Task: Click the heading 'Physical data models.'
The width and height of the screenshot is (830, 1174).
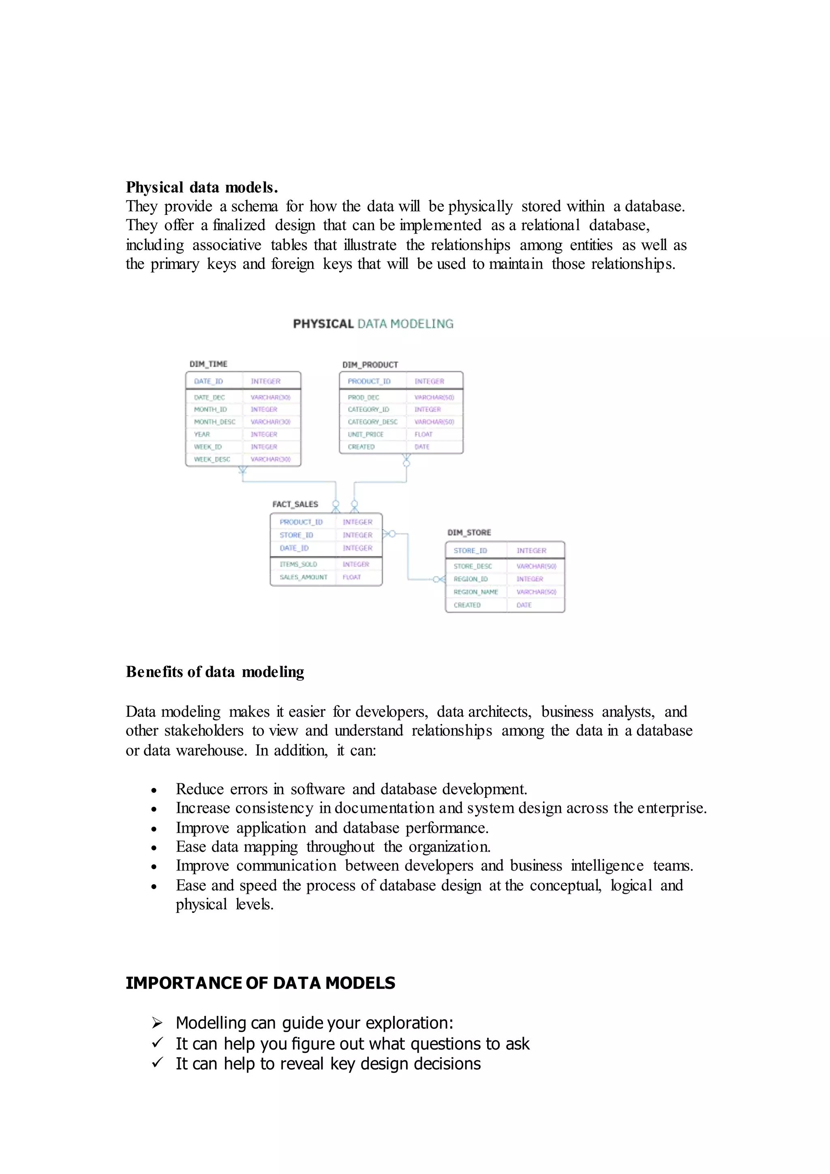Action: [201, 188]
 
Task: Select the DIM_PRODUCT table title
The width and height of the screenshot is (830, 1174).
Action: [370, 364]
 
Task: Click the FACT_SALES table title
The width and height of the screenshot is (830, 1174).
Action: [295, 504]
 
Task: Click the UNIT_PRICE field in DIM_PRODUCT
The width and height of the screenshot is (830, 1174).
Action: [366, 434]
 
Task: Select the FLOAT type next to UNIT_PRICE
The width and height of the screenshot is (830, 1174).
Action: [423, 434]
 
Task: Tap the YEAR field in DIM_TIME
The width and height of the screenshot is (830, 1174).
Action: [202, 434]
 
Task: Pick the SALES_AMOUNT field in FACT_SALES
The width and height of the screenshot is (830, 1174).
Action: [303, 577]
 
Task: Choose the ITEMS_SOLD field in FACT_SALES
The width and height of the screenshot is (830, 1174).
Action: [298, 564]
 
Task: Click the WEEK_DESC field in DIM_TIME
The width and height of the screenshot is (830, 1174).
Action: [212, 459]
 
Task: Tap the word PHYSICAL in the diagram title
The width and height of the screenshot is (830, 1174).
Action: [323, 323]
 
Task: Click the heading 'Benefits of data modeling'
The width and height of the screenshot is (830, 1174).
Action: [215, 672]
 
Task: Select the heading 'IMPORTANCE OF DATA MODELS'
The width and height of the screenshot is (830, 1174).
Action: [260, 983]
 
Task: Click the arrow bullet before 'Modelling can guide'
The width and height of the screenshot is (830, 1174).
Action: [157, 1023]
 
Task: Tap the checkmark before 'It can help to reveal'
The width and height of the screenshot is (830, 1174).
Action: [157, 1063]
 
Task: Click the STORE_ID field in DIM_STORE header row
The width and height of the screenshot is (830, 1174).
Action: [470, 551]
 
